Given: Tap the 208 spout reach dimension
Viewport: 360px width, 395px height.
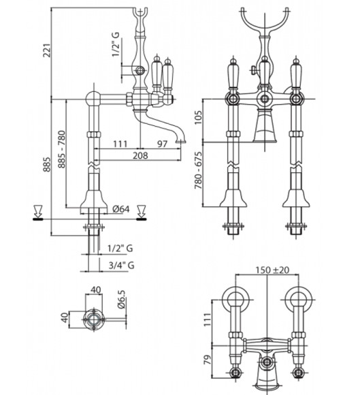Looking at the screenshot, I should coord(140,155).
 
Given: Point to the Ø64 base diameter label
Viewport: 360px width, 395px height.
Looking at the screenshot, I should coord(121,208).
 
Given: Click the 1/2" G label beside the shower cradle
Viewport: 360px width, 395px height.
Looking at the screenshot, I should coord(116,46).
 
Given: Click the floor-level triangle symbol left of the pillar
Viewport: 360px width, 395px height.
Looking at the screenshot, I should coord(38,211).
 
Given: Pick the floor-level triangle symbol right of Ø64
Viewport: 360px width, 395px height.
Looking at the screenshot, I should coord(142,211).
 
